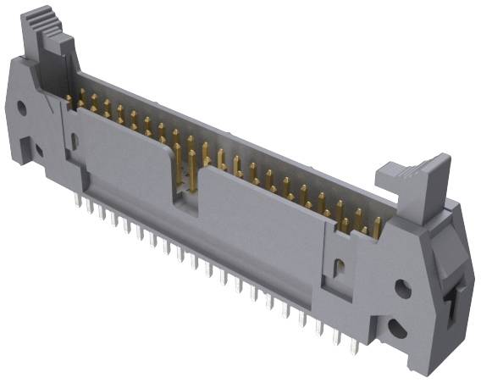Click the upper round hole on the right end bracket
tap(404, 289)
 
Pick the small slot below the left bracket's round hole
tap(38, 151)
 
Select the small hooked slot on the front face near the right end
tap(340, 269)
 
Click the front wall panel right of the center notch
tap(263, 229)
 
